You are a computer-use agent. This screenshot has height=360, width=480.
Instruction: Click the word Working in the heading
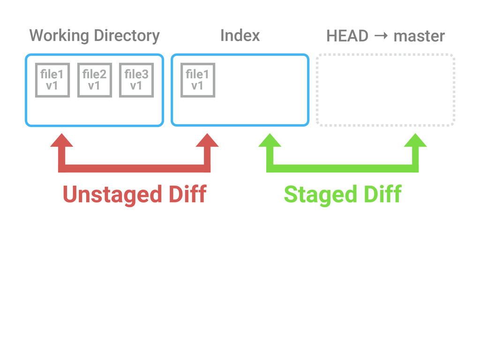coord(59,36)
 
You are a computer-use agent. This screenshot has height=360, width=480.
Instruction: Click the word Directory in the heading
coord(127,36)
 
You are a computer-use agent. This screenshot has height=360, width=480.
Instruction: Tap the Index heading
coord(240,35)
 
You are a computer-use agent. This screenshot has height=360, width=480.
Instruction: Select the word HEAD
coord(347,36)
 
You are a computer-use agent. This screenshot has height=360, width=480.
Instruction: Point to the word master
coord(419,36)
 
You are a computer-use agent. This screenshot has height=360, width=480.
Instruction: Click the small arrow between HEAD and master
coord(381,36)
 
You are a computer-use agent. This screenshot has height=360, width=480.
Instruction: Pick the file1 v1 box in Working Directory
coord(52,80)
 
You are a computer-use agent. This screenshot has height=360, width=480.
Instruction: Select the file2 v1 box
coord(95,80)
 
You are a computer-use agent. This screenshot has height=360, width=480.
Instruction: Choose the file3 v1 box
coord(136,80)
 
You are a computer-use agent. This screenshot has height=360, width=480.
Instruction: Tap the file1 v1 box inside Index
coord(198,80)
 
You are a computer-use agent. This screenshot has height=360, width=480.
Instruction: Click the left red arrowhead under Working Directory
coord(61,141)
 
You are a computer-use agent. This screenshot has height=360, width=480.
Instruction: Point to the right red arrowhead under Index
coord(207,141)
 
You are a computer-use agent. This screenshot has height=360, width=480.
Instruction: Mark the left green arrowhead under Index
coord(270,141)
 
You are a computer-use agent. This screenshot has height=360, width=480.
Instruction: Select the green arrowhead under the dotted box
coord(415,141)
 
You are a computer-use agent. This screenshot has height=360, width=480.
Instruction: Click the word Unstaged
coord(112,195)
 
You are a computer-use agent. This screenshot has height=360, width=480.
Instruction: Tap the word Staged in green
coord(321,195)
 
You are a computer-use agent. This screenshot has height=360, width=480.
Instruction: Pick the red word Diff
coord(188,194)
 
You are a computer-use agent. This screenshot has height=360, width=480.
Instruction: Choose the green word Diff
coord(383,194)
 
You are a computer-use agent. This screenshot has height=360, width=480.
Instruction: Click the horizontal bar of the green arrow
coord(343,168)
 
